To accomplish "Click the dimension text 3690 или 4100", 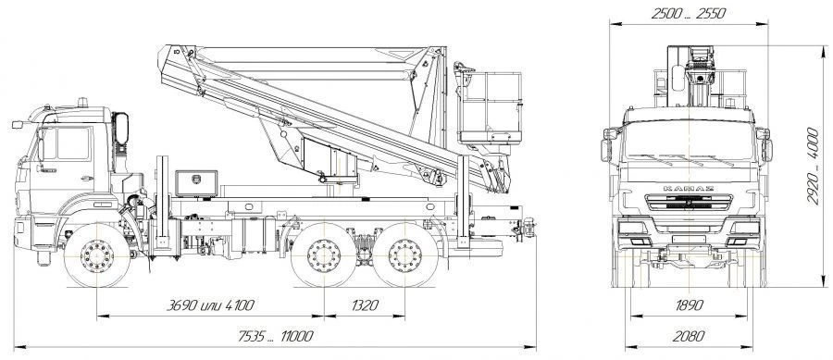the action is (210, 305).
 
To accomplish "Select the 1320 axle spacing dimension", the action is (365, 305).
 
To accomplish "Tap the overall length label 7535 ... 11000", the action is (275, 336).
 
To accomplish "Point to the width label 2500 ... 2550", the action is (689, 14).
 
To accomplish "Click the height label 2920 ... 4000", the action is (813, 166).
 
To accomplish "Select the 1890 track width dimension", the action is (689, 305).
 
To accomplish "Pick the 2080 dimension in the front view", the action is (689, 336).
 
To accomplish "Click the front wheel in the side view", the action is (96, 255).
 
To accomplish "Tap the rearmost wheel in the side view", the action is (404, 255).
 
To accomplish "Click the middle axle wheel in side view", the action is (324, 255).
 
